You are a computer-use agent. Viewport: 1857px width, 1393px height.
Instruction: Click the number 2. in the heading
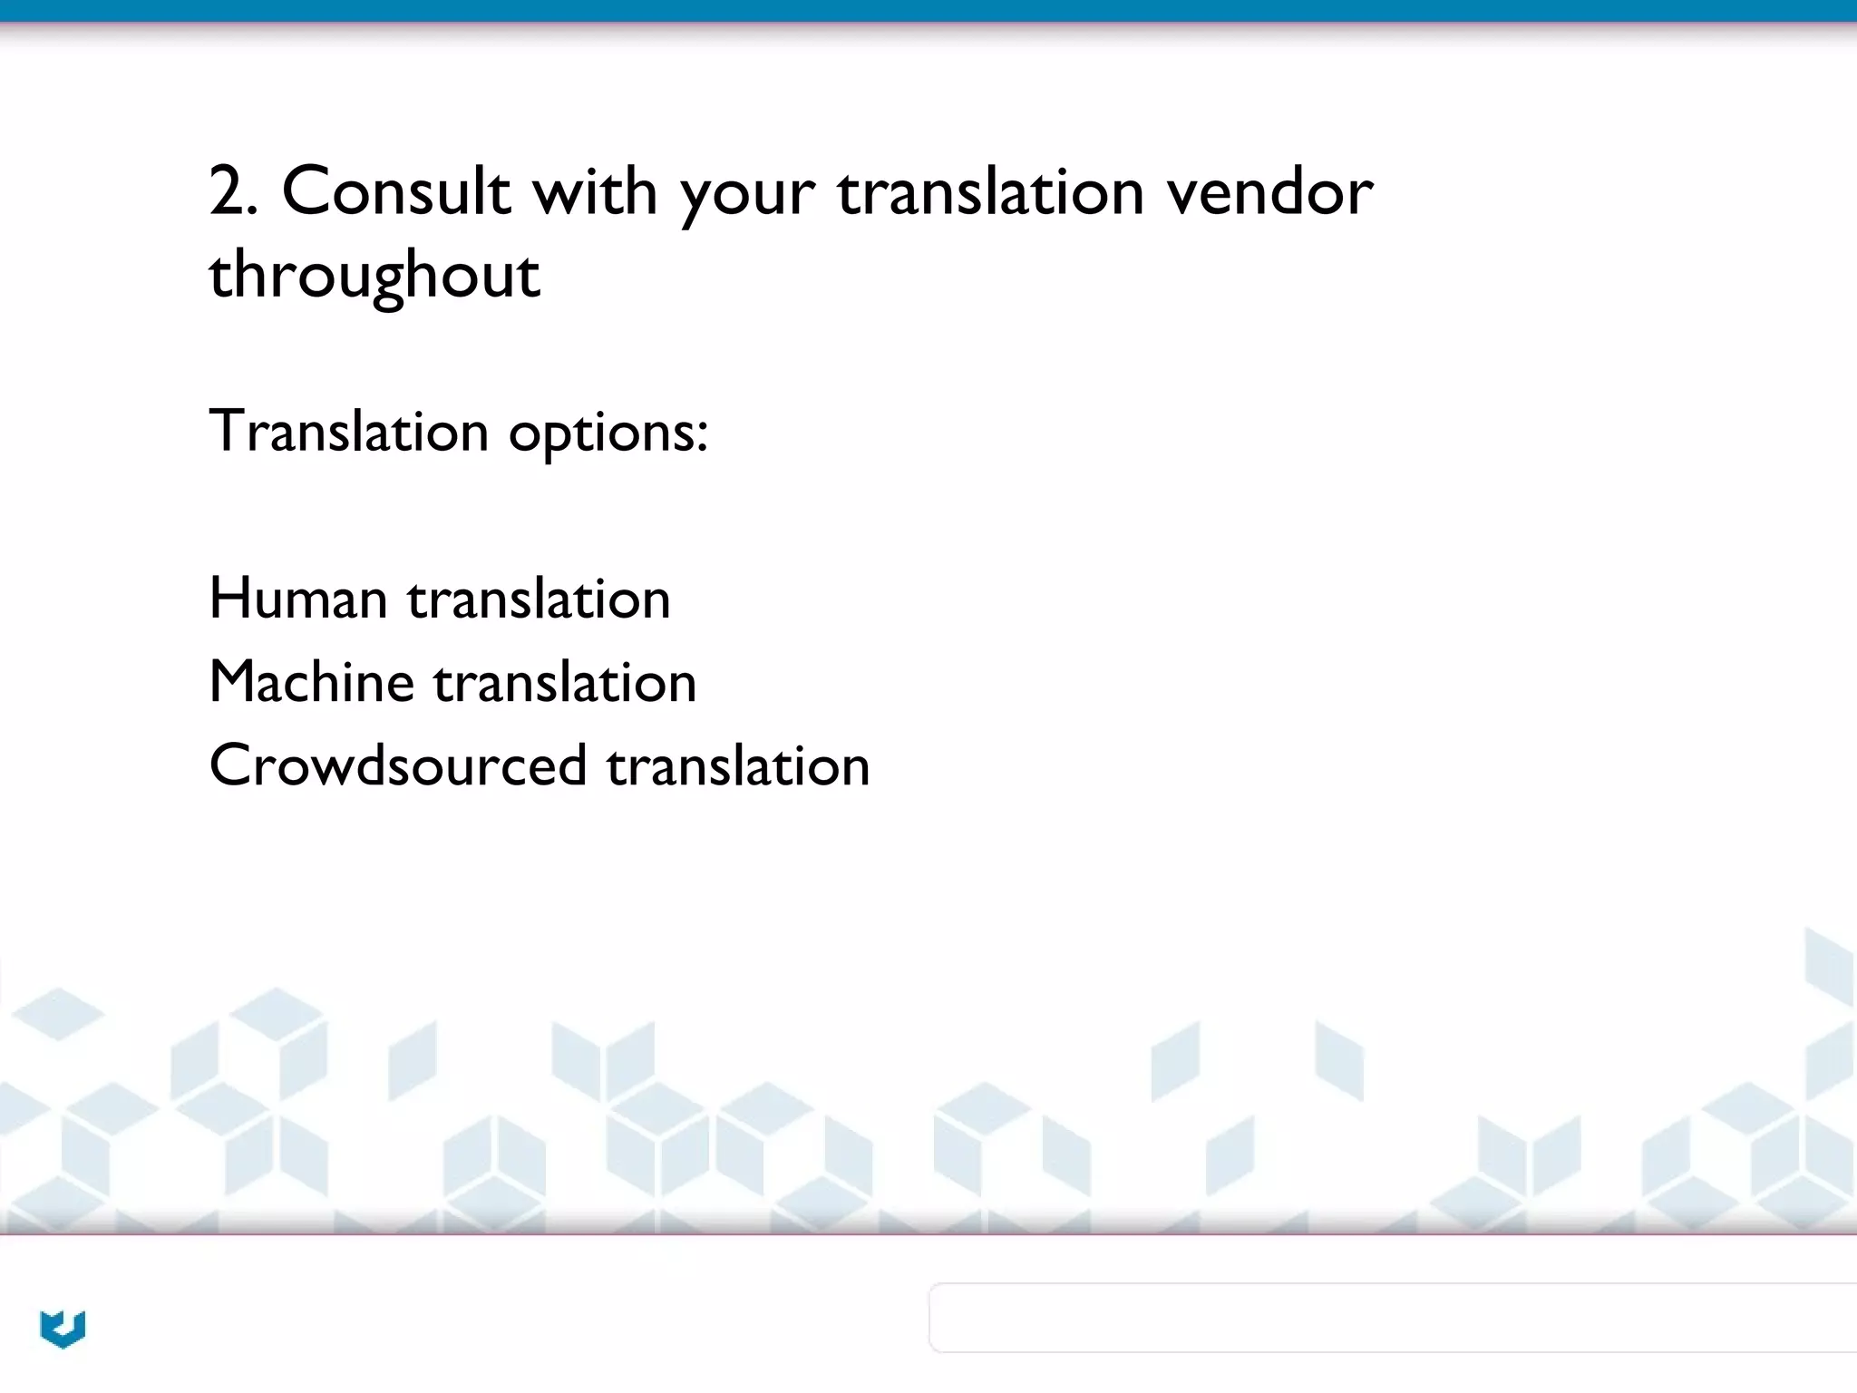click(x=232, y=191)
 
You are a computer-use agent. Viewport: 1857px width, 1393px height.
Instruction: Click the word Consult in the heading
click(x=396, y=191)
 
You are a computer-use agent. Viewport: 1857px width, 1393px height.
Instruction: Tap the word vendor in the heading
click(x=1269, y=191)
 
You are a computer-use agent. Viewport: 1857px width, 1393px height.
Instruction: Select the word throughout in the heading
click(x=374, y=276)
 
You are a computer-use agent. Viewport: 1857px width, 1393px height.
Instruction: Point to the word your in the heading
click(x=748, y=195)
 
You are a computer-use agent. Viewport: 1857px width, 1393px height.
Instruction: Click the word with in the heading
click(x=595, y=191)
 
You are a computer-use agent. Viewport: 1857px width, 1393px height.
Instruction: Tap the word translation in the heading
click(x=991, y=191)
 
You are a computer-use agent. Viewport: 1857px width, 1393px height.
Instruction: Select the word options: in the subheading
click(x=608, y=433)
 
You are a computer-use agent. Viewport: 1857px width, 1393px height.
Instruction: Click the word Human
click(x=298, y=599)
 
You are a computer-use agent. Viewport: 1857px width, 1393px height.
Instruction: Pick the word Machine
click(x=312, y=682)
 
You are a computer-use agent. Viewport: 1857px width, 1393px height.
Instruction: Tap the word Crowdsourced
click(x=398, y=765)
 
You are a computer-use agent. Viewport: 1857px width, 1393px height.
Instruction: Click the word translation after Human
click(x=539, y=599)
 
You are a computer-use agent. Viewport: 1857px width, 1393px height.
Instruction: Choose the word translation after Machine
click(x=565, y=682)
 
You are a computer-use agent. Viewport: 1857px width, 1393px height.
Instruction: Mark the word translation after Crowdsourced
click(x=738, y=765)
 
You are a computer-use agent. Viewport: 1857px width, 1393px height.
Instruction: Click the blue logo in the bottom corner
click(x=63, y=1329)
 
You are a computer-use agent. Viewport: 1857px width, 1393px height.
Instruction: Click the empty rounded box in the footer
click(x=1393, y=1318)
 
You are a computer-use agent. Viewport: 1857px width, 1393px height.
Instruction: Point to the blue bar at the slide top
click(x=928, y=10)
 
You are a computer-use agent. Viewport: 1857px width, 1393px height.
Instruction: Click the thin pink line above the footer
click(x=928, y=1234)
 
